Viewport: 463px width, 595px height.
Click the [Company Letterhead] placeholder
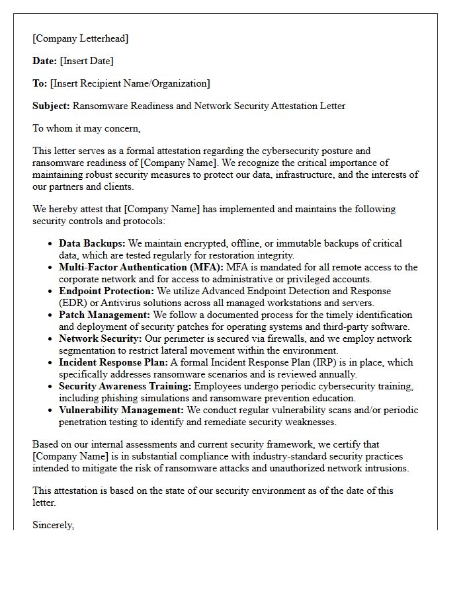coord(80,38)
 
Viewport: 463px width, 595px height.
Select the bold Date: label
coord(44,61)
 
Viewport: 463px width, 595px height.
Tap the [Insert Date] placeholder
coord(87,61)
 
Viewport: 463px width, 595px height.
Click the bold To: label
coord(40,83)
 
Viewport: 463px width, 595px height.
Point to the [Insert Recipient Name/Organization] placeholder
coord(130,83)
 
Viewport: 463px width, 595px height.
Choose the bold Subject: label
coord(51,106)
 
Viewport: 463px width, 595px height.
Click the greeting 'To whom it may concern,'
coord(87,128)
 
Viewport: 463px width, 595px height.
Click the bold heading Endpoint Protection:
coord(106,292)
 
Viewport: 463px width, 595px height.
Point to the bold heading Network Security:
coord(99,339)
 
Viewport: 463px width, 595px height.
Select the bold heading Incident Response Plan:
coord(113,363)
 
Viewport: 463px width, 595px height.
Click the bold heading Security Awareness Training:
coord(124,387)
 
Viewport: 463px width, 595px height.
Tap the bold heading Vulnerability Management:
coord(121,411)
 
